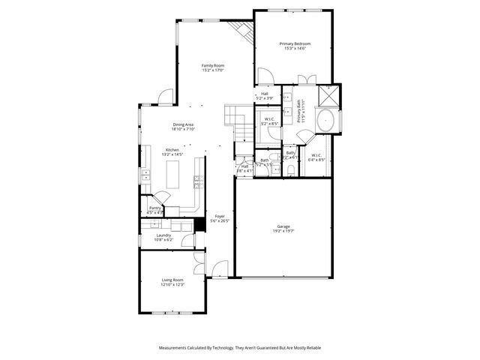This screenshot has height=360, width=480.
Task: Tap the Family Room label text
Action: point(213,68)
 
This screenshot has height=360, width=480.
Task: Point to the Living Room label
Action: point(173,283)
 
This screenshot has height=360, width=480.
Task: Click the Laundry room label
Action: point(163,238)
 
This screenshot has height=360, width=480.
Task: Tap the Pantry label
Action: point(155,210)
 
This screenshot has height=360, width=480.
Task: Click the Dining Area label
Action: point(183,127)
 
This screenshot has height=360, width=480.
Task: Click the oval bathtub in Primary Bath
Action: point(327,120)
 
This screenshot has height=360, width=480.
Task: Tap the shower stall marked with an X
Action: point(328,95)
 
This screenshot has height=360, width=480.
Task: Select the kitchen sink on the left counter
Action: point(145,177)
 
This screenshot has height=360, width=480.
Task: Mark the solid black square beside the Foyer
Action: point(199,225)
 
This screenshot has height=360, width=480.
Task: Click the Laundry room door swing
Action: point(187,241)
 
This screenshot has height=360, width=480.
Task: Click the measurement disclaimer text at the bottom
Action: point(239,348)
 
